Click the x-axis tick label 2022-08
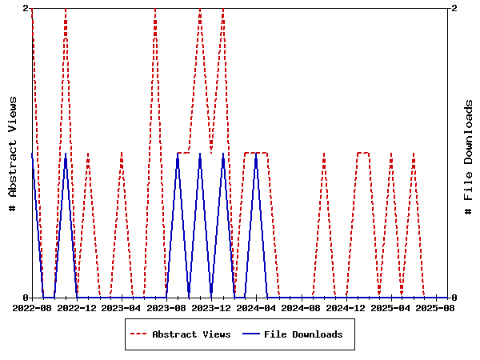click(32, 307)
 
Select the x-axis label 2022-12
click(78, 307)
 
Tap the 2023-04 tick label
click(122, 307)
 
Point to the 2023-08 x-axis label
click(166, 307)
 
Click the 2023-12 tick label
click(212, 307)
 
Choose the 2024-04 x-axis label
click(257, 307)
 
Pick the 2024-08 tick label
click(302, 307)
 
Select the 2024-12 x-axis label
click(346, 307)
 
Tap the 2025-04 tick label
click(391, 307)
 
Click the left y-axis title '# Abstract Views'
click(13, 153)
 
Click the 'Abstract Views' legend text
click(191, 334)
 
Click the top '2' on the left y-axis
click(26, 8)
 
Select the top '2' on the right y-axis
click(454, 8)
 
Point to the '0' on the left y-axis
click(26, 298)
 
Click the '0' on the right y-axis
click(454, 298)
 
